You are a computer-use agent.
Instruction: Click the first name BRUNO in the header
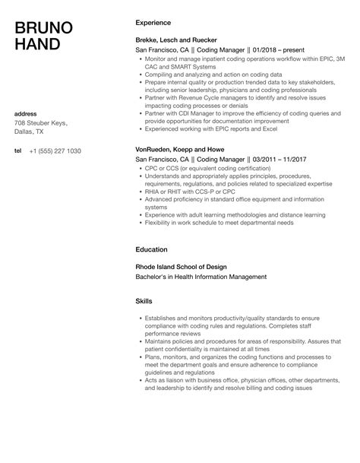click(44, 29)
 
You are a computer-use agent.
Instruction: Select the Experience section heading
click(153, 23)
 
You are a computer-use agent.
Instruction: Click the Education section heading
click(152, 249)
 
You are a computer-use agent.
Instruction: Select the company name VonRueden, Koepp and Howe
click(178, 151)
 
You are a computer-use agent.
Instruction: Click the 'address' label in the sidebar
click(27, 114)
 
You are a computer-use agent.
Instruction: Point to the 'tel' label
click(18, 151)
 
